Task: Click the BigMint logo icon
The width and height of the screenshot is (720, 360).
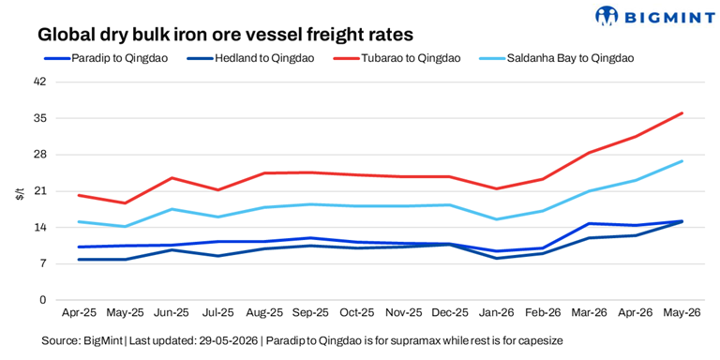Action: pyautogui.click(x=607, y=15)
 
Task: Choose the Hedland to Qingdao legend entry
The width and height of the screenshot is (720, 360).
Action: pyautogui.click(x=250, y=58)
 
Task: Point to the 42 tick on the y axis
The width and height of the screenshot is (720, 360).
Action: pyautogui.click(x=41, y=82)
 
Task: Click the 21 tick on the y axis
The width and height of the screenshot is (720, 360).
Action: pyautogui.click(x=41, y=191)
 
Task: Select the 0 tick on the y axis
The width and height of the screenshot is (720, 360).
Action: pyautogui.click(x=44, y=300)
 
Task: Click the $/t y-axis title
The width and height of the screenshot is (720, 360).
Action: pyautogui.click(x=20, y=191)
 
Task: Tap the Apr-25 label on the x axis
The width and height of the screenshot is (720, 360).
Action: pyautogui.click(x=79, y=312)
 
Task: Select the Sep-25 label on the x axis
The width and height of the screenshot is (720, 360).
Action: pyautogui.click(x=311, y=312)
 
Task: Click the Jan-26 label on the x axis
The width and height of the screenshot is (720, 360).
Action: pyautogui.click(x=496, y=312)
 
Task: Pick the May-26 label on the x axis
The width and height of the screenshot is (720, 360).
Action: pyautogui.click(x=682, y=312)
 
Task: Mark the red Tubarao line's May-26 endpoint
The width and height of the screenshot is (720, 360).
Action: pyautogui.click(x=682, y=112)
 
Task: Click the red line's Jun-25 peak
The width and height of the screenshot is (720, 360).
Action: pyautogui.click(x=172, y=178)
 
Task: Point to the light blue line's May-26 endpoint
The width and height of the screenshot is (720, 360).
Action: pyautogui.click(x=682, y=160)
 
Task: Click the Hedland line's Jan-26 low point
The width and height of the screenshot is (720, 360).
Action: pyautogui.click(x=496, y=258)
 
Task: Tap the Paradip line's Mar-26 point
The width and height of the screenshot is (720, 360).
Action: pyautogui.click(x=589, y=224)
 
